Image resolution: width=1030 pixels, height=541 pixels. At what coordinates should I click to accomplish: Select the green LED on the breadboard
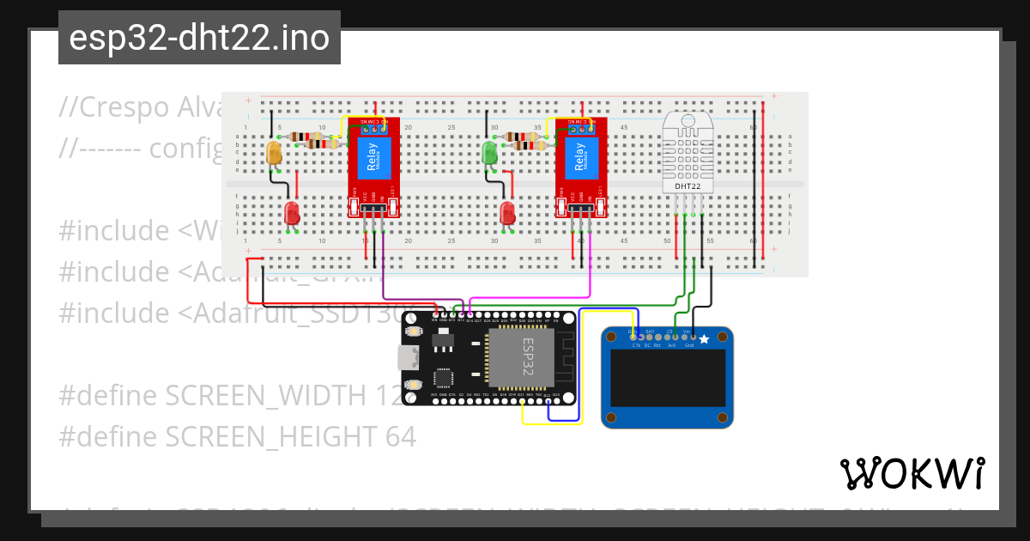[490, 154]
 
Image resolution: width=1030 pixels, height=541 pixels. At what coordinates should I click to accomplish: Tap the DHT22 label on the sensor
[688, 185]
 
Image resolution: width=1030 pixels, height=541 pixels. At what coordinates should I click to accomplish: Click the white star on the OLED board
[705, 340]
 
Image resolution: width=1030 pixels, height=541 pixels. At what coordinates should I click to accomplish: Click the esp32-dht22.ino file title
[199, 39]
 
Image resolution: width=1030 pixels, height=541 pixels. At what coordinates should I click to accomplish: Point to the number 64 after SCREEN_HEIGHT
[400, 437]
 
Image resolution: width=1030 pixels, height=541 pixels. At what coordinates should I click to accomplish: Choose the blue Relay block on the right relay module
[581, 157]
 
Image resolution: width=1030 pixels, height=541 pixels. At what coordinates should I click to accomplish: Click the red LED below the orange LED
[292, 213]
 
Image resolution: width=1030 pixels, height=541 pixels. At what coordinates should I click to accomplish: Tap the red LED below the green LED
[507, 213]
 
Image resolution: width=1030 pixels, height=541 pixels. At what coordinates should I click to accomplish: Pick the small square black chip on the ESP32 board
[445, 377]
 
